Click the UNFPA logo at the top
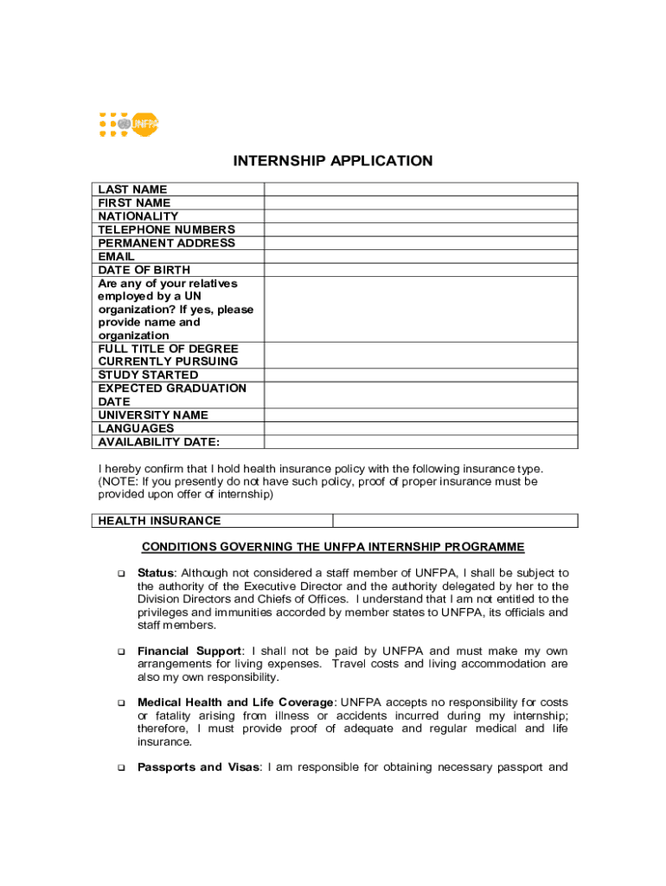[129, 125]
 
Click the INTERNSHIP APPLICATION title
[333, 161]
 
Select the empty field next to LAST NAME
[420, 189]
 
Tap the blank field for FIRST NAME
[420, 202]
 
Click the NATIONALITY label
[138, 216]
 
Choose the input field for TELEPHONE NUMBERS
[420, 229]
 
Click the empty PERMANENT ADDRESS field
[420, 243]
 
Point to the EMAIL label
[117, 257]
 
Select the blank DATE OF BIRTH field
[420, 270]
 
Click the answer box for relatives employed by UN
[420, 309]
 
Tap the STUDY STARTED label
[148, 375]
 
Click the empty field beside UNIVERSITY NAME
[420, 415]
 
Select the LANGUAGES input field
[420, 428]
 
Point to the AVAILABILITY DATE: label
[159, 442]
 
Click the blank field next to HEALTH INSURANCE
[455, 521]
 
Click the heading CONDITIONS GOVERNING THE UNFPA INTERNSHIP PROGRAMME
[333, 547]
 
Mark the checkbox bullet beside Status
[120, 574]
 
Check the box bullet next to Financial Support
[120, 652]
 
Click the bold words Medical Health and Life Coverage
[234, 703]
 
